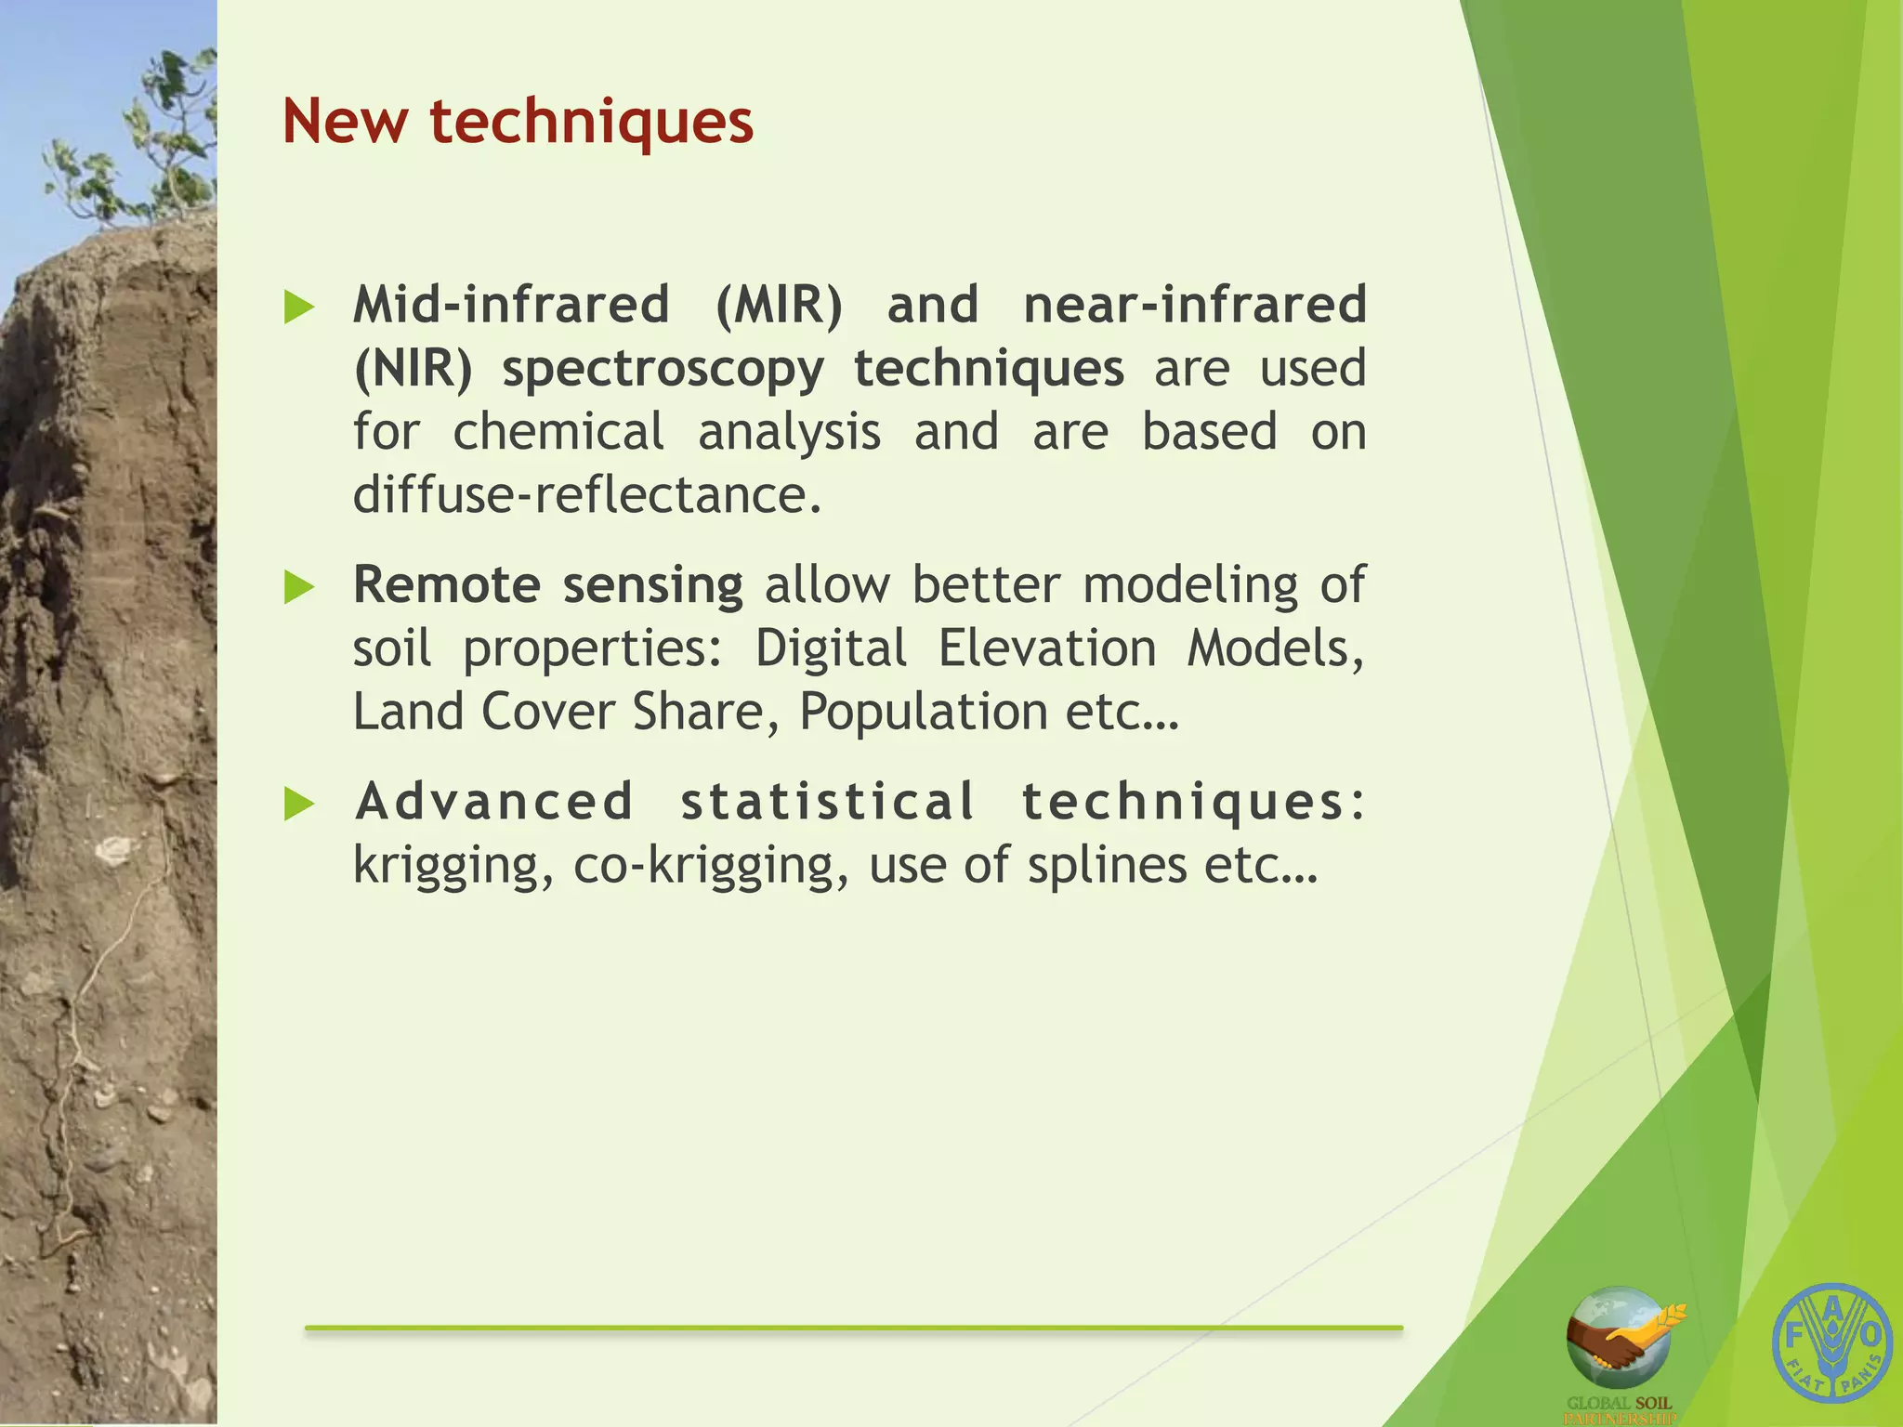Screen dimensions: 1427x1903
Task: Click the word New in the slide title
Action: click(345, 122)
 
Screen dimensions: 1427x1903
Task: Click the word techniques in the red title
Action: click(591, 124)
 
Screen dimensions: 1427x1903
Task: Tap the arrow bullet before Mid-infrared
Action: click(298, 307)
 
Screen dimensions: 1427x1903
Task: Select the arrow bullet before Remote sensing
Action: click(298, 587)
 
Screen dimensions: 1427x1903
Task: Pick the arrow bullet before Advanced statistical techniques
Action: click(298, 804)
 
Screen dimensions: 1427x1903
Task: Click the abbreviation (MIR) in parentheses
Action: click(779, 305)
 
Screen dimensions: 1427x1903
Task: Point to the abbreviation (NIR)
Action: click(413, 369)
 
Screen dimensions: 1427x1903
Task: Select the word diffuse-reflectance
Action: click(586, 494)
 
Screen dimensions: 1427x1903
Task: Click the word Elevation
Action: click(1046, 648)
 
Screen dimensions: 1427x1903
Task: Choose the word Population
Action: click(924, 713)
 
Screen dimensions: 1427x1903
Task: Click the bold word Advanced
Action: click(494, 802)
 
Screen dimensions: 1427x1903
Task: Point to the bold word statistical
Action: click(827, 802)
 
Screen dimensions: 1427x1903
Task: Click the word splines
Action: click(1107, 865)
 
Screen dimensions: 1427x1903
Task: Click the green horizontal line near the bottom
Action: click(853, 1329)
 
